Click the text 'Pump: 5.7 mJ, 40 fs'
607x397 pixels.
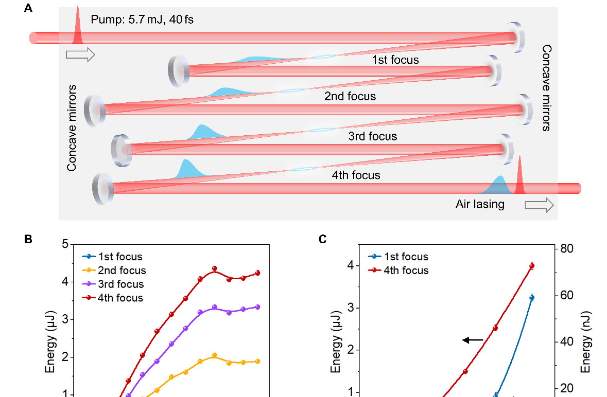pyautogui.click(x=142, y=20)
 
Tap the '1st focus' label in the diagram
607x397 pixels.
pyautogui.click(x=395, y=60)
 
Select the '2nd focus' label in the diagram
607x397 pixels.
pyautogui.click(x=350, y=96)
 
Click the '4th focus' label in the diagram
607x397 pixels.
pyautogui.click(x=356, y=175)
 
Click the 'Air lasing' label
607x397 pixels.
pyautogui.click(x=480, y=204)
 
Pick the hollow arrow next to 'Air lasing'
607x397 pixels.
pyautogui.click(x=539, y=205)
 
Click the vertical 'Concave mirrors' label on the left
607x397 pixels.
pyautogui.click(x=72, y=128)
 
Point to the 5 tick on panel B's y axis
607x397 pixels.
pyautogui.click(x=65, y=244)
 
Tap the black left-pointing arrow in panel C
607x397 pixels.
pyautogui.click(x=473, y=340)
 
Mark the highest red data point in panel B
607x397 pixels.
pyautogui.click(x=215, y=268)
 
